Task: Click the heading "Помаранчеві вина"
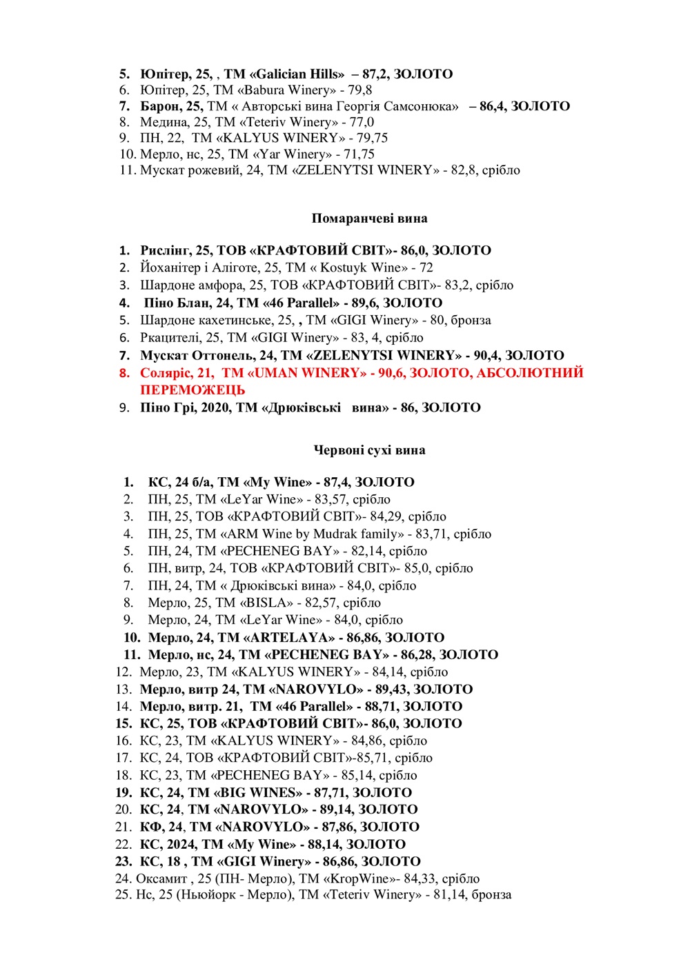(x=369, y=219)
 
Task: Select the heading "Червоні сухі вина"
(x=369, y=450)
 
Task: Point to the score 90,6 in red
(x=390, y=373)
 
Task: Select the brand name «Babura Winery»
(x=285, y=90)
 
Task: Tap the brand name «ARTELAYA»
(x=299, y=638)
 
